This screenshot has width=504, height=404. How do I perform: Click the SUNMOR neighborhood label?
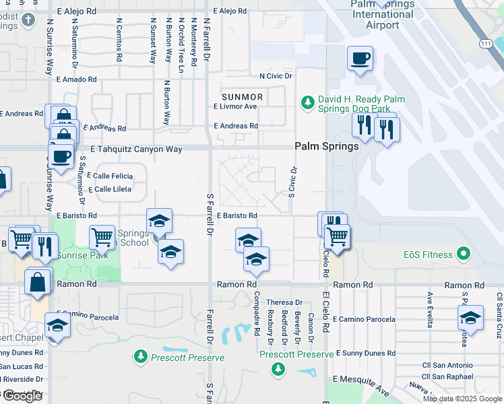click(x=244, y=97)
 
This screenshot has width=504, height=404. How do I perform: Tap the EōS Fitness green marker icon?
click(x=463, y=255)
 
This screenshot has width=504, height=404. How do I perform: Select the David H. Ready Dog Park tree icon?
click(x=307, y=102)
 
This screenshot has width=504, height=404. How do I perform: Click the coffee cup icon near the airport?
click(x=360, y=59)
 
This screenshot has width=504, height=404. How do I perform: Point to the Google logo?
click(x=22, y=396)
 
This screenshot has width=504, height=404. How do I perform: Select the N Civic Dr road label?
click(x=270, y=76)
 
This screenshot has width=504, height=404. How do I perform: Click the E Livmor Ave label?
click(x=236, y=106)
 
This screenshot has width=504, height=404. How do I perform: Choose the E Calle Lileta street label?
click(x=108, y=189)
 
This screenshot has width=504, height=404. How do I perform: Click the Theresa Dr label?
click(x=284, y=302)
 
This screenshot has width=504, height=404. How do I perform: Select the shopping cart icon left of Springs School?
click(x=102, y=236)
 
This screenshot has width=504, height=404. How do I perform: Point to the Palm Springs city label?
click(x=327, y=146)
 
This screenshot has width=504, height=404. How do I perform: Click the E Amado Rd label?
click(x=78, y=79)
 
